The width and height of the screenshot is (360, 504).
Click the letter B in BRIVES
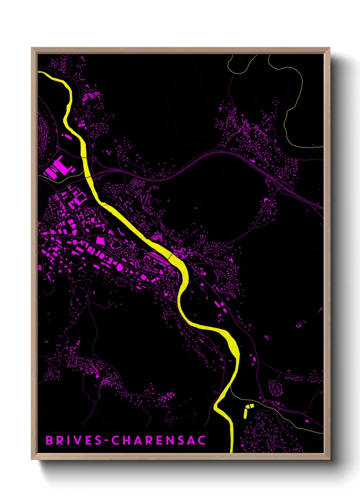click(49, 440)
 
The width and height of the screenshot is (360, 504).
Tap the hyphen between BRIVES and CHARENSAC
click(107, 441)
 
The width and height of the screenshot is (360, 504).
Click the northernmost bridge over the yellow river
click(83, 158)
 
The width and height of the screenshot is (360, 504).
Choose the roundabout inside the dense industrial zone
click(85, 236)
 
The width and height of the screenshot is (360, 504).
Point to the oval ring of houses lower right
click(275, 388)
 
